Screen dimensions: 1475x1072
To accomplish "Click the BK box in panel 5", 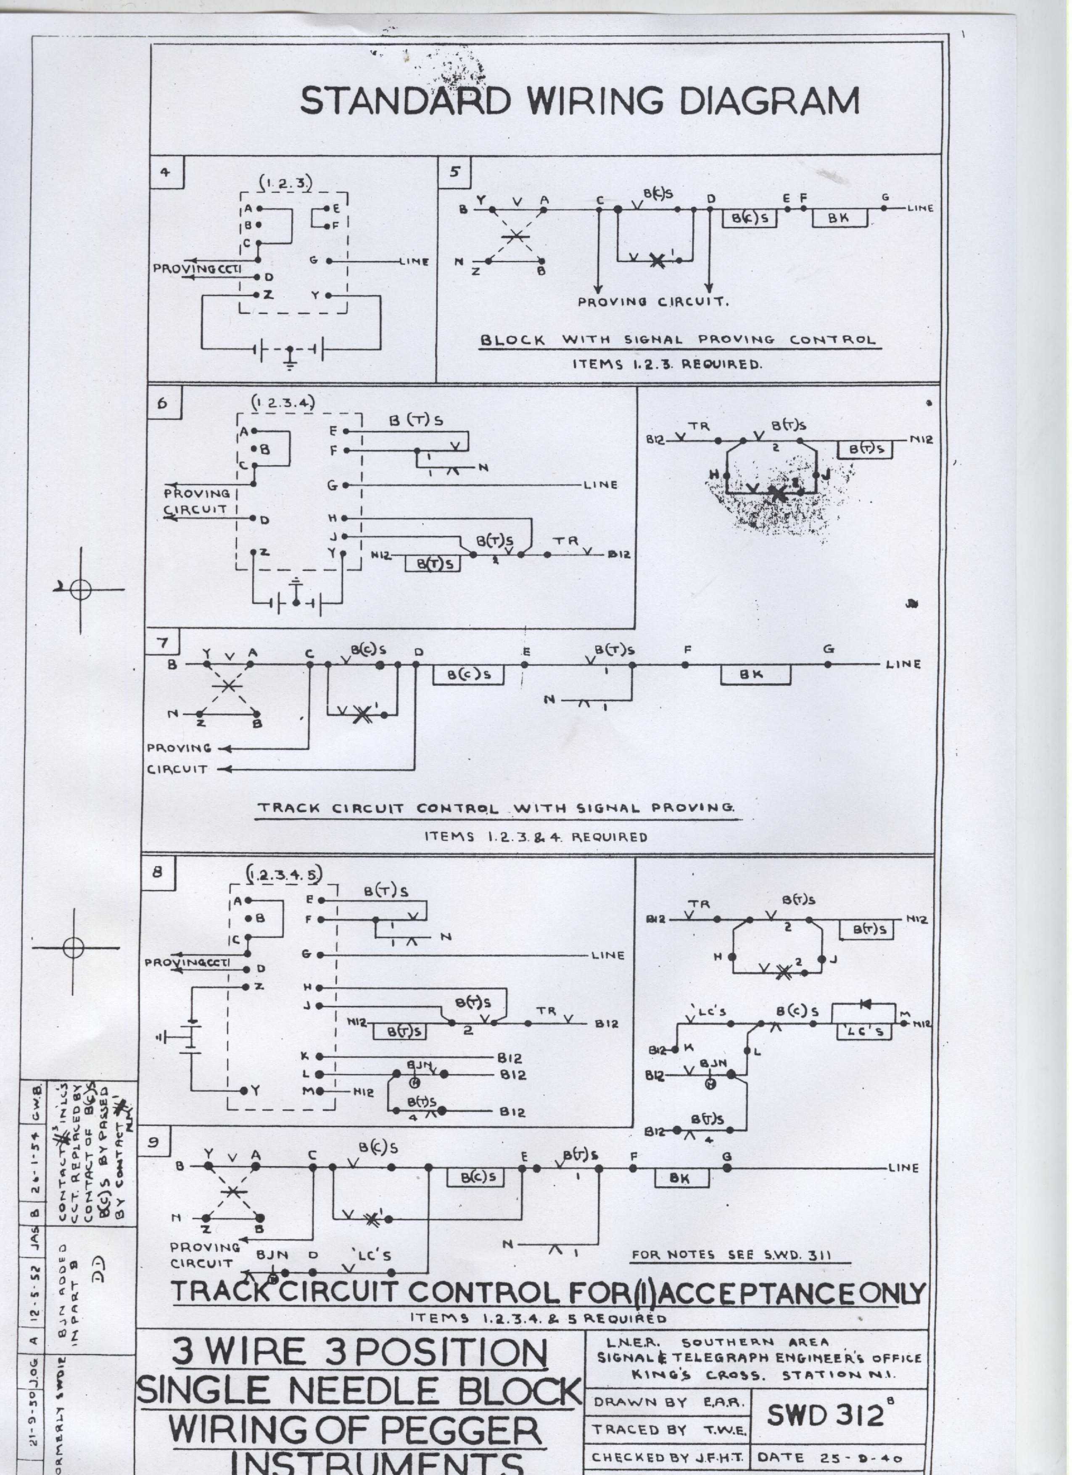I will [839, 219].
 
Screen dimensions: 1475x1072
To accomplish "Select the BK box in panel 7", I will [755, 675].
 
